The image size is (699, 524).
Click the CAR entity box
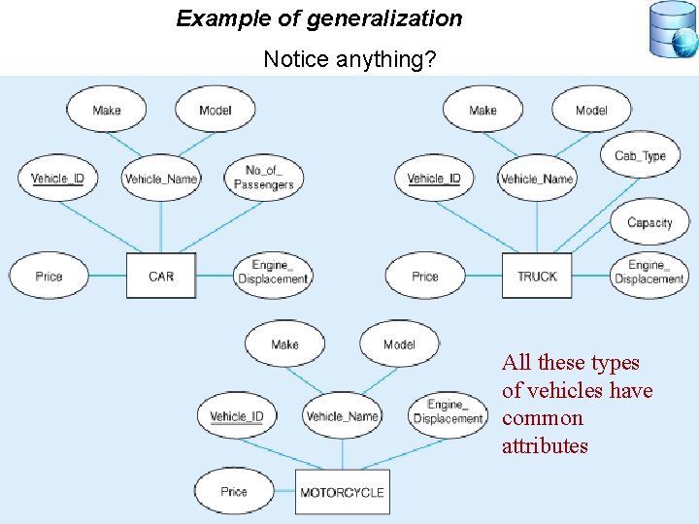[161, 276]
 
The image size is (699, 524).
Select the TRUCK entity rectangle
[537, 276]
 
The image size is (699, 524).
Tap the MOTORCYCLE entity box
[342, 492]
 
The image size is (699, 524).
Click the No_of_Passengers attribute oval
[263, 178]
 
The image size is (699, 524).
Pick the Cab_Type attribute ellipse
[640, 155]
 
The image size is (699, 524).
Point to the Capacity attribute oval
[649, 222]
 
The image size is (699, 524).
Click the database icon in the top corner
[673, 30]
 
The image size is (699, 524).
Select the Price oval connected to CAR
[49, 276]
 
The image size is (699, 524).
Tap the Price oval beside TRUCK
[425, 276]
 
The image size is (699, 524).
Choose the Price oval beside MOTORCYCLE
[234, 492]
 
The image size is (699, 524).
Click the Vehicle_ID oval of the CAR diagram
[57, 178]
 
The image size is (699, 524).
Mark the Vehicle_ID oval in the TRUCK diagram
[434, 178]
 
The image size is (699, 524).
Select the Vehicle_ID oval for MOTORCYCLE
[237, 416]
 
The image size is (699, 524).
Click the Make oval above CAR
[107, 110]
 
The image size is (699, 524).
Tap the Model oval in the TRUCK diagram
[591, 110]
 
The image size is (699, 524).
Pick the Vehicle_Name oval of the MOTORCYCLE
[342, 416]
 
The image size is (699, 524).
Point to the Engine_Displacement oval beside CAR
[273, 273]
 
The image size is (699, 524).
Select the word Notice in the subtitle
[296, 60]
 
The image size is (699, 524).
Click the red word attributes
[545, 446]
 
